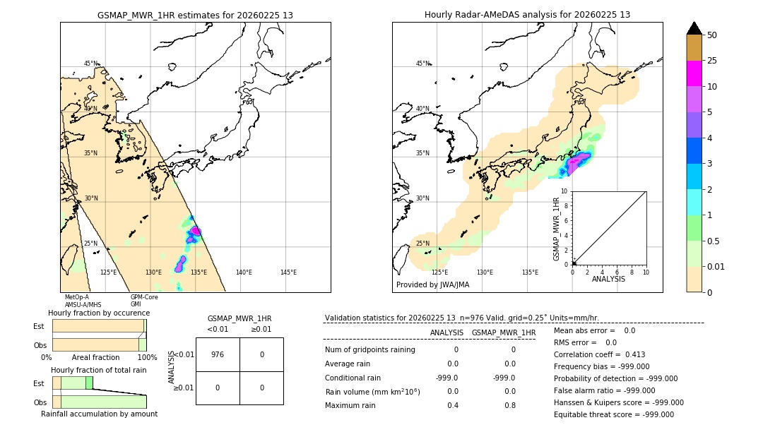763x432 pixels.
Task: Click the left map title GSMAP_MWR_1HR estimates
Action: point(195,15)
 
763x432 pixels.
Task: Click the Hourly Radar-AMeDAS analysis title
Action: point(527,15)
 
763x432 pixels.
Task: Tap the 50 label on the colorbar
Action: point(712,35)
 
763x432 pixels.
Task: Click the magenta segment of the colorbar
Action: point(694,73)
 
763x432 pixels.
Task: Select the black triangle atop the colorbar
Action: point(694,28)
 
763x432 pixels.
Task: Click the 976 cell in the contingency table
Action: point(218,354)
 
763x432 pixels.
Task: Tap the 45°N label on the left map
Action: point(90,64)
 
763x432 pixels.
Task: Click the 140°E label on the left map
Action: point(244,272)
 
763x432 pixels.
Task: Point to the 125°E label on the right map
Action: point(439,272)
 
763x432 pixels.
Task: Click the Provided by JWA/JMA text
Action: point(432,285)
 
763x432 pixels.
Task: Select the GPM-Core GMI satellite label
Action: point(144,301)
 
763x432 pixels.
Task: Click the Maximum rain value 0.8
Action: point(509,405)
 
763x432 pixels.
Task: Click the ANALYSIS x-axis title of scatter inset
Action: point(608,279)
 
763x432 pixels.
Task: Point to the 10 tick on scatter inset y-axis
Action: point(564,191)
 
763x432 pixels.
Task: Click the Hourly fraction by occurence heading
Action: point(99,313)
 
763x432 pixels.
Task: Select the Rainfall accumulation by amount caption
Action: point(99,414)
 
